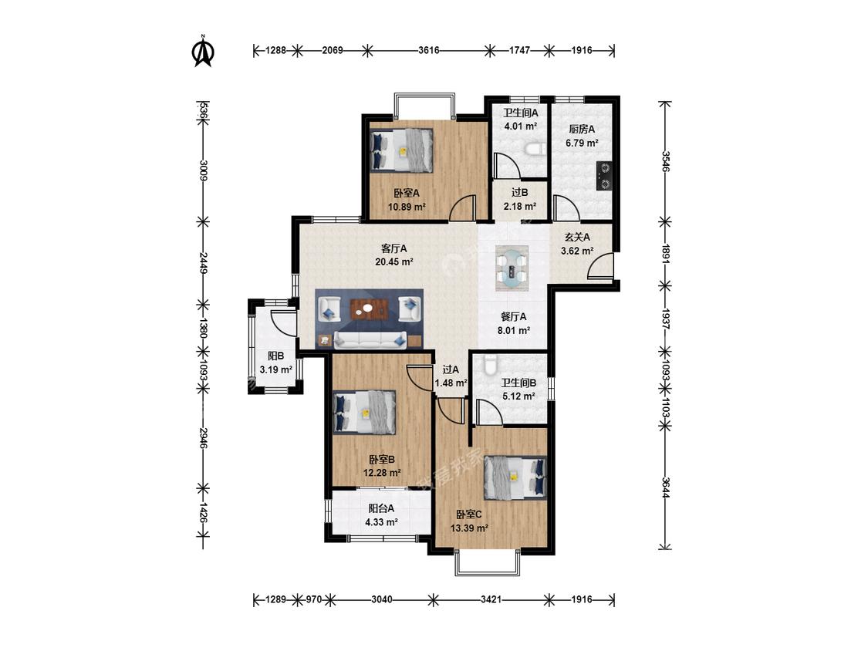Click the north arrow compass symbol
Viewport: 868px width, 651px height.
coord(203,51)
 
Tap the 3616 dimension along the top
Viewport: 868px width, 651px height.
coord(428,50)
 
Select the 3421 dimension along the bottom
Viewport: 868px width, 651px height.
coord(491,599)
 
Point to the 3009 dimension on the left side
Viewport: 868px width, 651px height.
coord(203,170)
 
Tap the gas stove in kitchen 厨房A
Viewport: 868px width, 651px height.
coord(604,175)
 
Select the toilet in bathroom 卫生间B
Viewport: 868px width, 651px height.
coord(489,363)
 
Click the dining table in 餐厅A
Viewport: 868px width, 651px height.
coord(512,268)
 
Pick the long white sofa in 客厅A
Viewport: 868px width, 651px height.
coord(370,340)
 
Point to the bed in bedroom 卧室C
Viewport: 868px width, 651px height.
coord(515,475)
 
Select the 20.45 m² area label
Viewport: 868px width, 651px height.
coord(394,261)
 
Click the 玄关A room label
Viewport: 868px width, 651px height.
coord(577,237)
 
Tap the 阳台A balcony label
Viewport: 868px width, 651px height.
coord(381,508)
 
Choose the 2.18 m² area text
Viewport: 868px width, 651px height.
coord(520,207)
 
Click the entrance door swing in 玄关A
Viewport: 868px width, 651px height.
coord(600,265)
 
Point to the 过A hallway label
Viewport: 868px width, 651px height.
coord(451,369)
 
